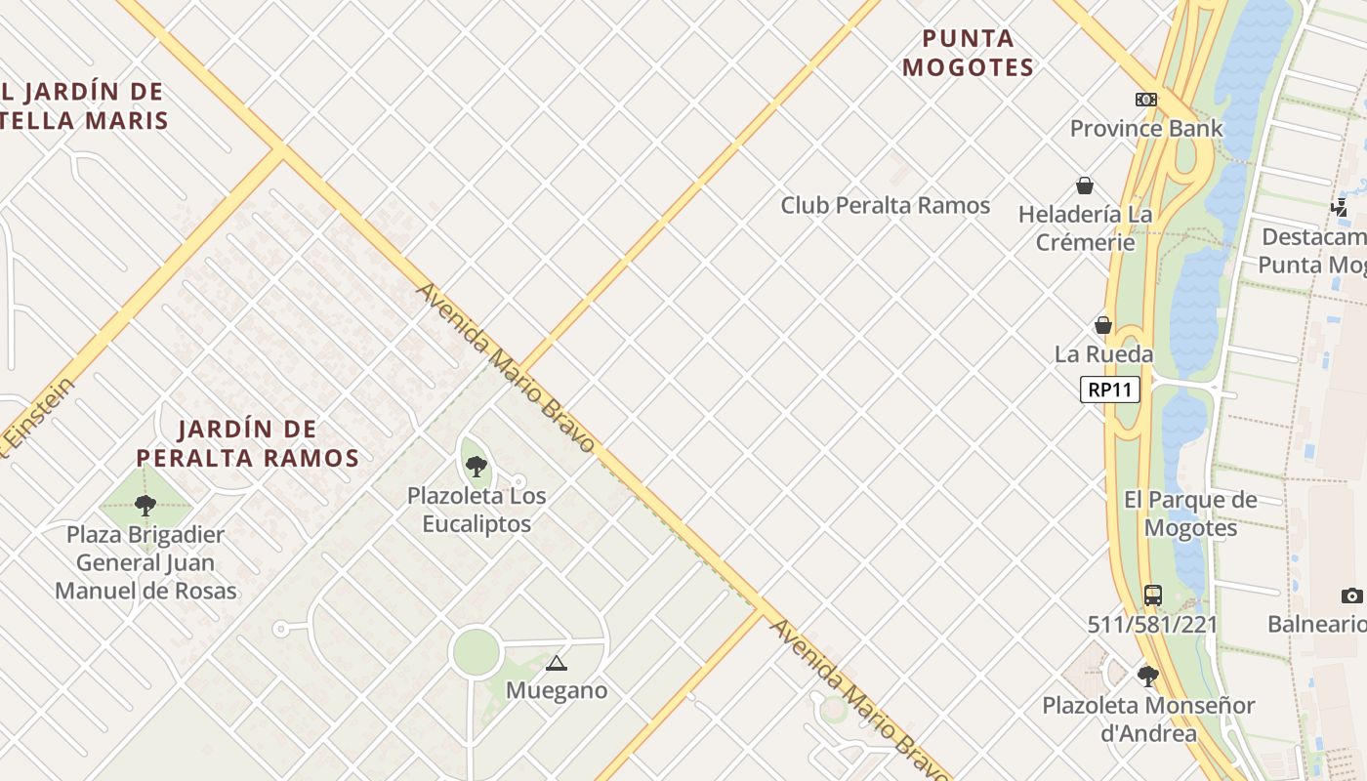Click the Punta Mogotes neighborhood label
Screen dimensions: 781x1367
968,53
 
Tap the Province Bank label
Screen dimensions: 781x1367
1146,128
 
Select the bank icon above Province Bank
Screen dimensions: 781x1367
1146,100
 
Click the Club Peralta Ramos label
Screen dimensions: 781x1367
885,205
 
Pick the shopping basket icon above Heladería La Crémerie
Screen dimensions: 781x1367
1084,185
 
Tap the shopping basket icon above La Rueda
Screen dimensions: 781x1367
1103,325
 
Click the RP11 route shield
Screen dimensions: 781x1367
1111,390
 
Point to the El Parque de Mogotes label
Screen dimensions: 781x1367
1190,514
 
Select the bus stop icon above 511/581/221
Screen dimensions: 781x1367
1153,595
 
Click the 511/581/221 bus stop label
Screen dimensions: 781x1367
1152,624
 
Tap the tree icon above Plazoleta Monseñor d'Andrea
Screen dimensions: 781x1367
1148,676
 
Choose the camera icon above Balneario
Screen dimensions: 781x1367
1351,596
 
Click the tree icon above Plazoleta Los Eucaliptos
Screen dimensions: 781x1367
476,467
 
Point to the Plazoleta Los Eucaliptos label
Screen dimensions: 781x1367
476,510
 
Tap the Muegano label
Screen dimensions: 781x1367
557,690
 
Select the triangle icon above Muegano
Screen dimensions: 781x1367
557,664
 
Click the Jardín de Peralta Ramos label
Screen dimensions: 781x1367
248,443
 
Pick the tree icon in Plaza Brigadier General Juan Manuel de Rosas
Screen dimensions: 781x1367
145,506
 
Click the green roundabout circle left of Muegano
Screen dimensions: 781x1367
476,651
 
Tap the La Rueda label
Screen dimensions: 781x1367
1103,354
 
